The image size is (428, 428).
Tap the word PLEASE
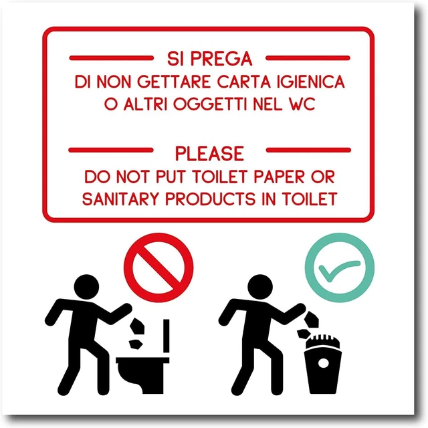point(209,154)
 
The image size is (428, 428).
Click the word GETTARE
point(163,83)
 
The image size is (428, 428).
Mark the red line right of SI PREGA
point(308,58)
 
